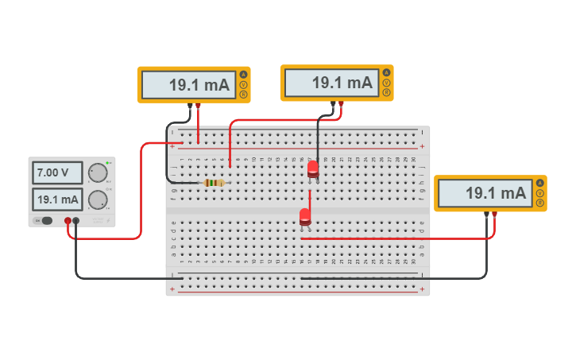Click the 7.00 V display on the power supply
(58, 172)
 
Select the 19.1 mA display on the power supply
(58, 199)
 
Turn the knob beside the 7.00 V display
(98, 172)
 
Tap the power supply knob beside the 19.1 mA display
(98, 199)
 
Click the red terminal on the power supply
(68, 221)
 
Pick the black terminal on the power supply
(76, 221)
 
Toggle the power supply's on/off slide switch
(46, 220)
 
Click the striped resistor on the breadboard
(213, 183)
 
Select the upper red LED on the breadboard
(313, 168)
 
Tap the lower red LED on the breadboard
(305, 216)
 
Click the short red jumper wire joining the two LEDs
(309, 199)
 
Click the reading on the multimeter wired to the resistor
(188, 85)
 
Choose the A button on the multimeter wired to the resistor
(243, 75)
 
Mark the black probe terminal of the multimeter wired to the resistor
(190, 104)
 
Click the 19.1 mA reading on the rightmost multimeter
(485, 192)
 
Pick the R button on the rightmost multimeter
(540, 203)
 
